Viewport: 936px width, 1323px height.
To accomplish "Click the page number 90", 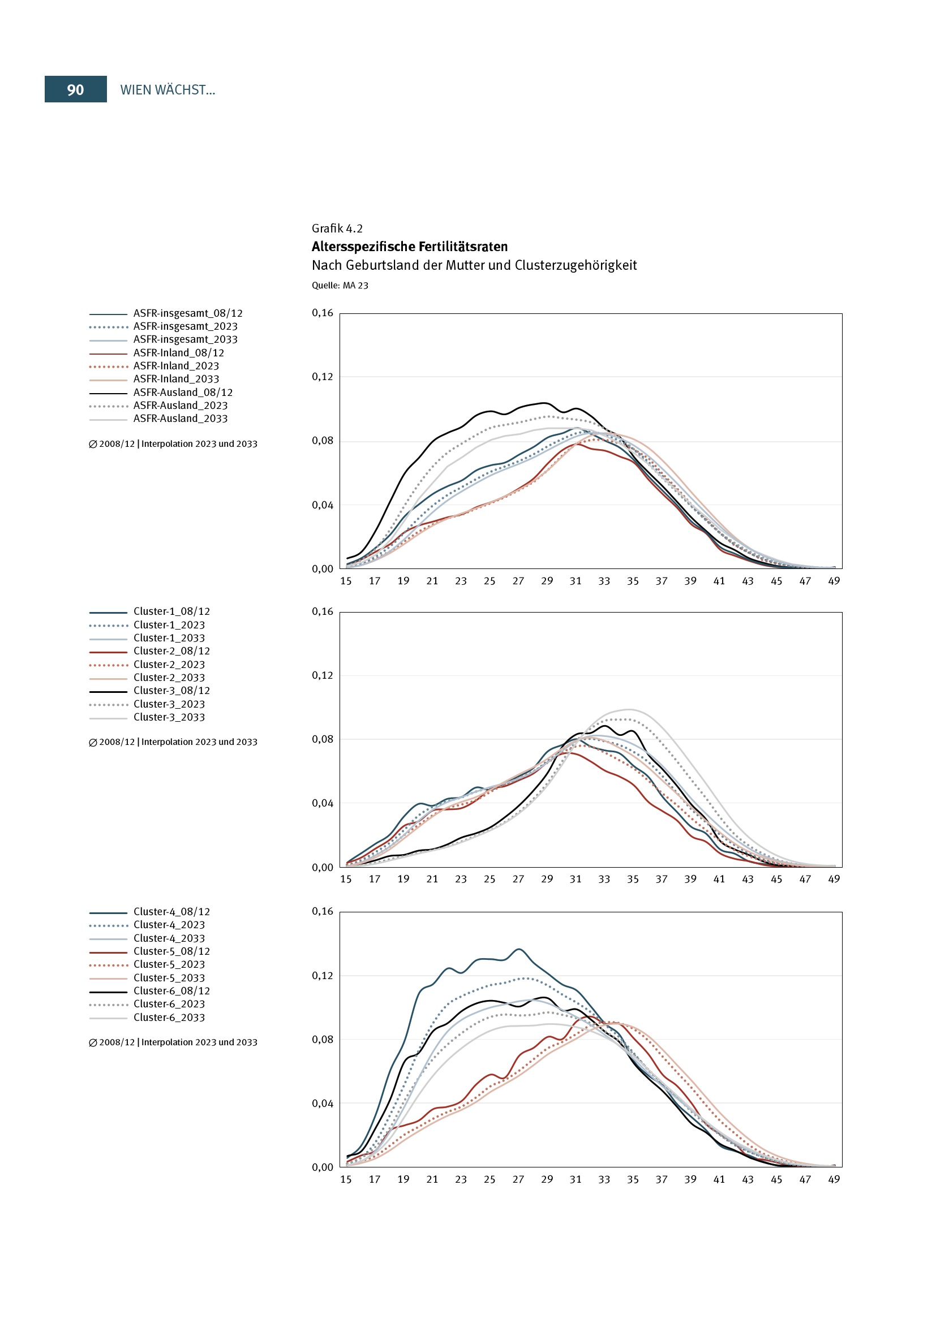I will coord(75,90).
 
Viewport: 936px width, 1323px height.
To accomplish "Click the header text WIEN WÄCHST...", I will coord(167,90).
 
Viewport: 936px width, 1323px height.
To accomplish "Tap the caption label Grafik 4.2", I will coord(337,229).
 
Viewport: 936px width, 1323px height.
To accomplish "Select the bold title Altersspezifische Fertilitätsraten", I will coord(410,247).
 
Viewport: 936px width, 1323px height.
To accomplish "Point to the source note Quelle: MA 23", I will coord(340,286).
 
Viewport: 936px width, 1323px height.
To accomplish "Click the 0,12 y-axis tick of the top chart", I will coord(322,377).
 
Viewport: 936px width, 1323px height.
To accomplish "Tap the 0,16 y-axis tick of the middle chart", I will coord(322,612).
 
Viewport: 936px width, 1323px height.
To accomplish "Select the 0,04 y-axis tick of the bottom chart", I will coord(322,1104).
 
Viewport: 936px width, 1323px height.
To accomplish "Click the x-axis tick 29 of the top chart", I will coord(547,581).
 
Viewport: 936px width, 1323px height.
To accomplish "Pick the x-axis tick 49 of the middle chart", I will coord(834,880).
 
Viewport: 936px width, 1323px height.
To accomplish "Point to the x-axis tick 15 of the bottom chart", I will coord(346,1179).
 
